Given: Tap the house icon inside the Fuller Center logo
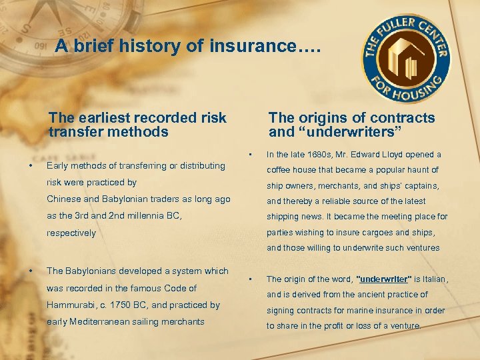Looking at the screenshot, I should click(x=406, y=61).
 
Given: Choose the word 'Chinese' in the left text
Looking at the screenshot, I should click(x=63, y=199).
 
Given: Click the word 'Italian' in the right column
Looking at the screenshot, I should click(x=433, y=279).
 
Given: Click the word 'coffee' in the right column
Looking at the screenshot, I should click(x=280, y=170).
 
